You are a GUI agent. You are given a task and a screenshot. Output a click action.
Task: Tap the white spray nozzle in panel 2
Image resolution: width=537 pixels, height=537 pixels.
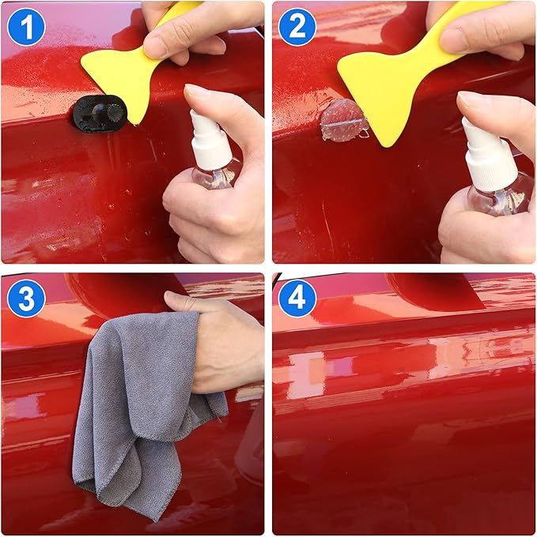tap(485, 150)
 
